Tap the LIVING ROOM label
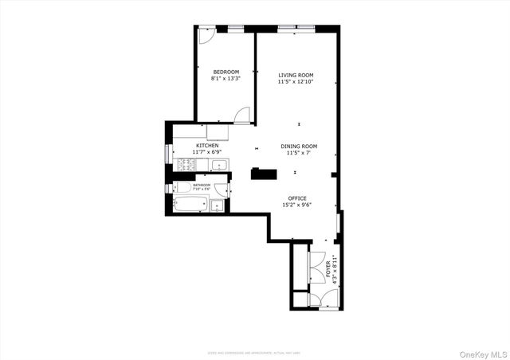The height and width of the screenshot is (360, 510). pos(296,75)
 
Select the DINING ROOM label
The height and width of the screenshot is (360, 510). pos(299,146)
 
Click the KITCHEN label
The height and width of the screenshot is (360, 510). pos(207,146)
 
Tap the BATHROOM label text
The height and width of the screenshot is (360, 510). pos(202,185)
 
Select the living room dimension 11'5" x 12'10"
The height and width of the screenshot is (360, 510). pos(296,81)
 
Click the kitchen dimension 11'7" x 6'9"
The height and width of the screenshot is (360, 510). pos(207,152)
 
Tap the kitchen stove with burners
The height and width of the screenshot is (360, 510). pos(185,166)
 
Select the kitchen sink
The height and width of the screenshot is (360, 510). pos(218,166)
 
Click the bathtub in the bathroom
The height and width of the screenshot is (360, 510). pos(190,205)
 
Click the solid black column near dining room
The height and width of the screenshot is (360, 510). pos(260,174)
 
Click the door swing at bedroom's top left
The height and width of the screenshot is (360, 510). pos(206,36)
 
